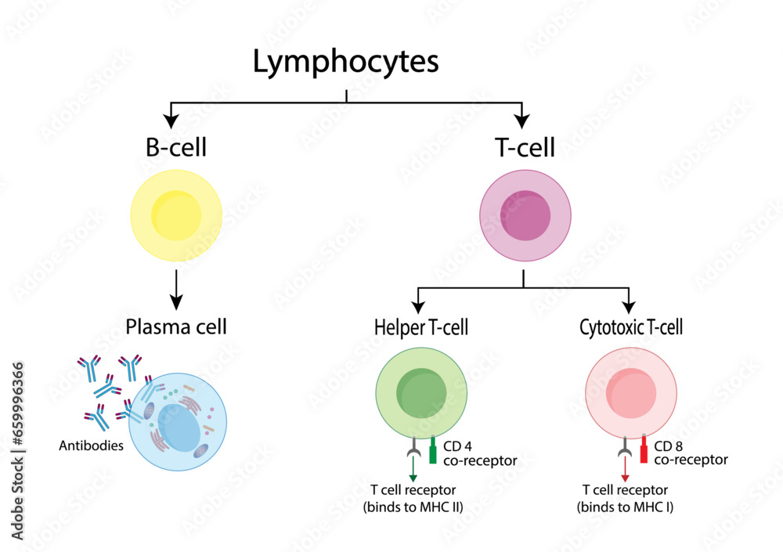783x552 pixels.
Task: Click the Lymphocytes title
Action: click(345, 63)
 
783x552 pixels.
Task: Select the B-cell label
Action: click(176, 148)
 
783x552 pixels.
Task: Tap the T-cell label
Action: click(524, 148)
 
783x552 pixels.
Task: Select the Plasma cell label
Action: click(176, 327)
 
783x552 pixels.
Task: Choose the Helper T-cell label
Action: click(421, 327)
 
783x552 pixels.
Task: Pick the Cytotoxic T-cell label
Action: click(631, 327)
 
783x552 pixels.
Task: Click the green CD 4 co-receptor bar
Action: click(432, 452)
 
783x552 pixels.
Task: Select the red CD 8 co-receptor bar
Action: click(644, 451)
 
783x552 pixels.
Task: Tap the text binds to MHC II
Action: click(413, 507)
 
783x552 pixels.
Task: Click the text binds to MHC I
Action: click(625, 507)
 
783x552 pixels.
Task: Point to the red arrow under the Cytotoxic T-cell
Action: click(624, 470)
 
